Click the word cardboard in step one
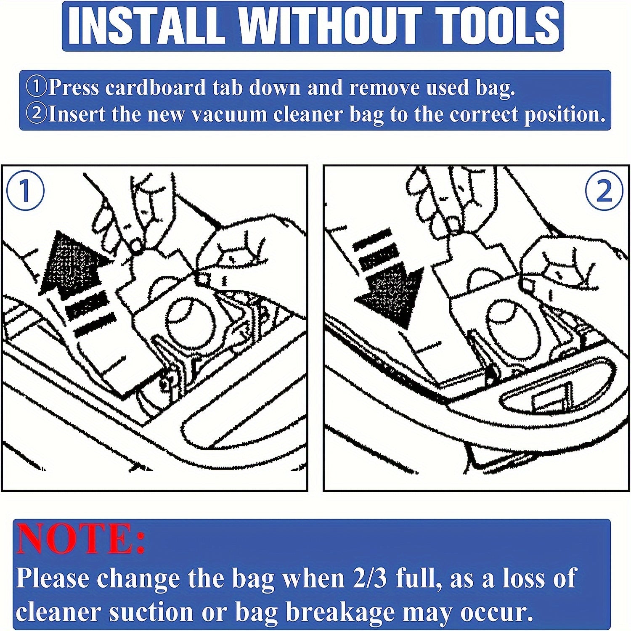point(156,88)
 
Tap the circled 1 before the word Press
point(37,88)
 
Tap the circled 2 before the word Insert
point(37,114)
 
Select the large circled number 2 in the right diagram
point(604,191)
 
